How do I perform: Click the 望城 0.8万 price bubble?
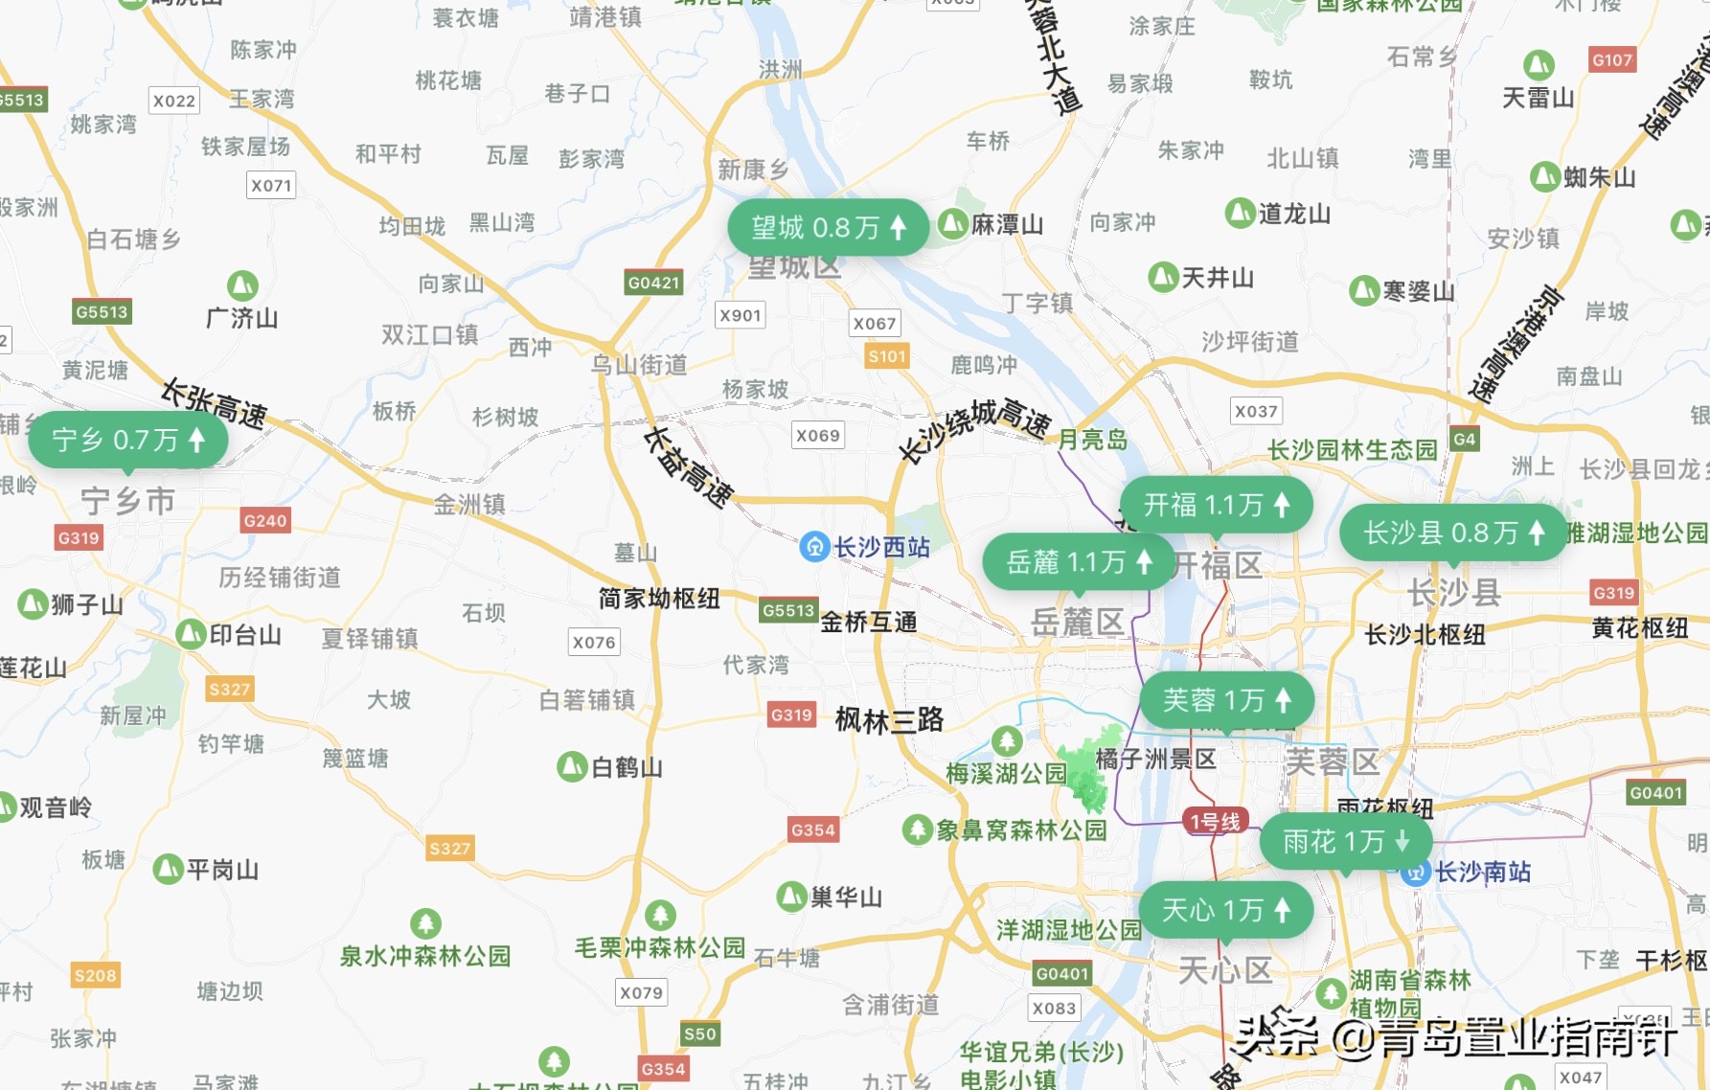[828, 228]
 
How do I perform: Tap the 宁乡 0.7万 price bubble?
[127, 440]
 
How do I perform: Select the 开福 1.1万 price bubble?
[1216, 505]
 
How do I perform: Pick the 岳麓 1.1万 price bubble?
[1078, 561]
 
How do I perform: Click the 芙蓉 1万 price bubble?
[1226, 700]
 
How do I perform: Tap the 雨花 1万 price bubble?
[1345, 842]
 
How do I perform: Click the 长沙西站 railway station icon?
[814, 547]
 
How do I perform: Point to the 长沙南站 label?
[1482, 872]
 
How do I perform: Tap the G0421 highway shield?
[653, 283]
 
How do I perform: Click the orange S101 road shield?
[886, 356]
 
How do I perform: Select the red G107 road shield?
[1611, 60]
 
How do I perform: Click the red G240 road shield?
[264, 520]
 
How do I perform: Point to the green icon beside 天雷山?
[1539, 65]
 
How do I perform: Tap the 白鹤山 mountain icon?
[572, 766]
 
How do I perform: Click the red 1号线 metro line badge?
[1215, 821]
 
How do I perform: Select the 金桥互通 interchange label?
[868, 623]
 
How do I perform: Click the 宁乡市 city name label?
[127, 500]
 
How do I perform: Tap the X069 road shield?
[817, 436]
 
